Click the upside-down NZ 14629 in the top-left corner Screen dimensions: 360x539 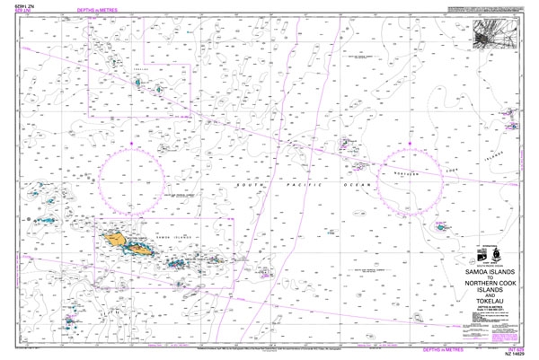19,5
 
